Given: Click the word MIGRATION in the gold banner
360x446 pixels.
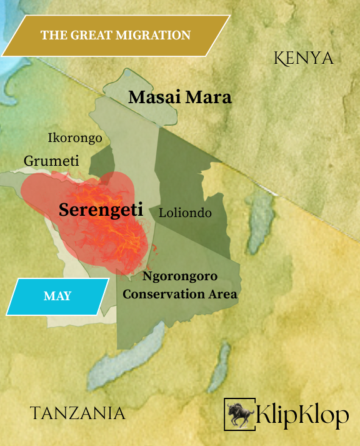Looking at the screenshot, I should click(x=157, y=35).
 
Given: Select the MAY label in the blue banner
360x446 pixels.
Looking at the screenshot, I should click(x=57, y=296).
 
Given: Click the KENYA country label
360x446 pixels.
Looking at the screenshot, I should click(x=304, y=58).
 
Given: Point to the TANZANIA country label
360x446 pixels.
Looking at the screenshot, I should click(x=77, y=413).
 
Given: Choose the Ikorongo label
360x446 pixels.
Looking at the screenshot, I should click(x=75, y=138).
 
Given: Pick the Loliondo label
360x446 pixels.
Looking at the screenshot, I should click(x=185, y=213).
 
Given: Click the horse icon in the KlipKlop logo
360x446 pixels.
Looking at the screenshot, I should click(x=239, y=414).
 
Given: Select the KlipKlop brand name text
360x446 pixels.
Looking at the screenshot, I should click(x=302, y=415).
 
